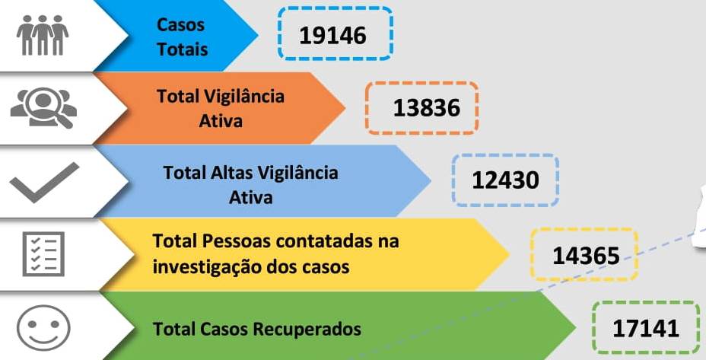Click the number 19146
tap(332, 35)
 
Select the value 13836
tap(426, 108)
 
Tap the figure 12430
tap(505, 180)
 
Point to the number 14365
tap(587, 256)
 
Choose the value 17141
tap(646, 329)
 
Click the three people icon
tap(43, 35)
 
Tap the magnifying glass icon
tap(43, 107)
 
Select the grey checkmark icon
tap(44, 182)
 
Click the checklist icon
tap(43, 253)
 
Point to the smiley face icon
tap(43, 328)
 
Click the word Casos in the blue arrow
tap(180, 25)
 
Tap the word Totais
tap(183, 49)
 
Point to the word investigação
tap(205, 267)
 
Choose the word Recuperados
tap(307, 329)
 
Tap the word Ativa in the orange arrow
tap(221, 121)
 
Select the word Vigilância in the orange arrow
tap(244, 96)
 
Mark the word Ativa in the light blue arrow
tap(251, 197)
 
